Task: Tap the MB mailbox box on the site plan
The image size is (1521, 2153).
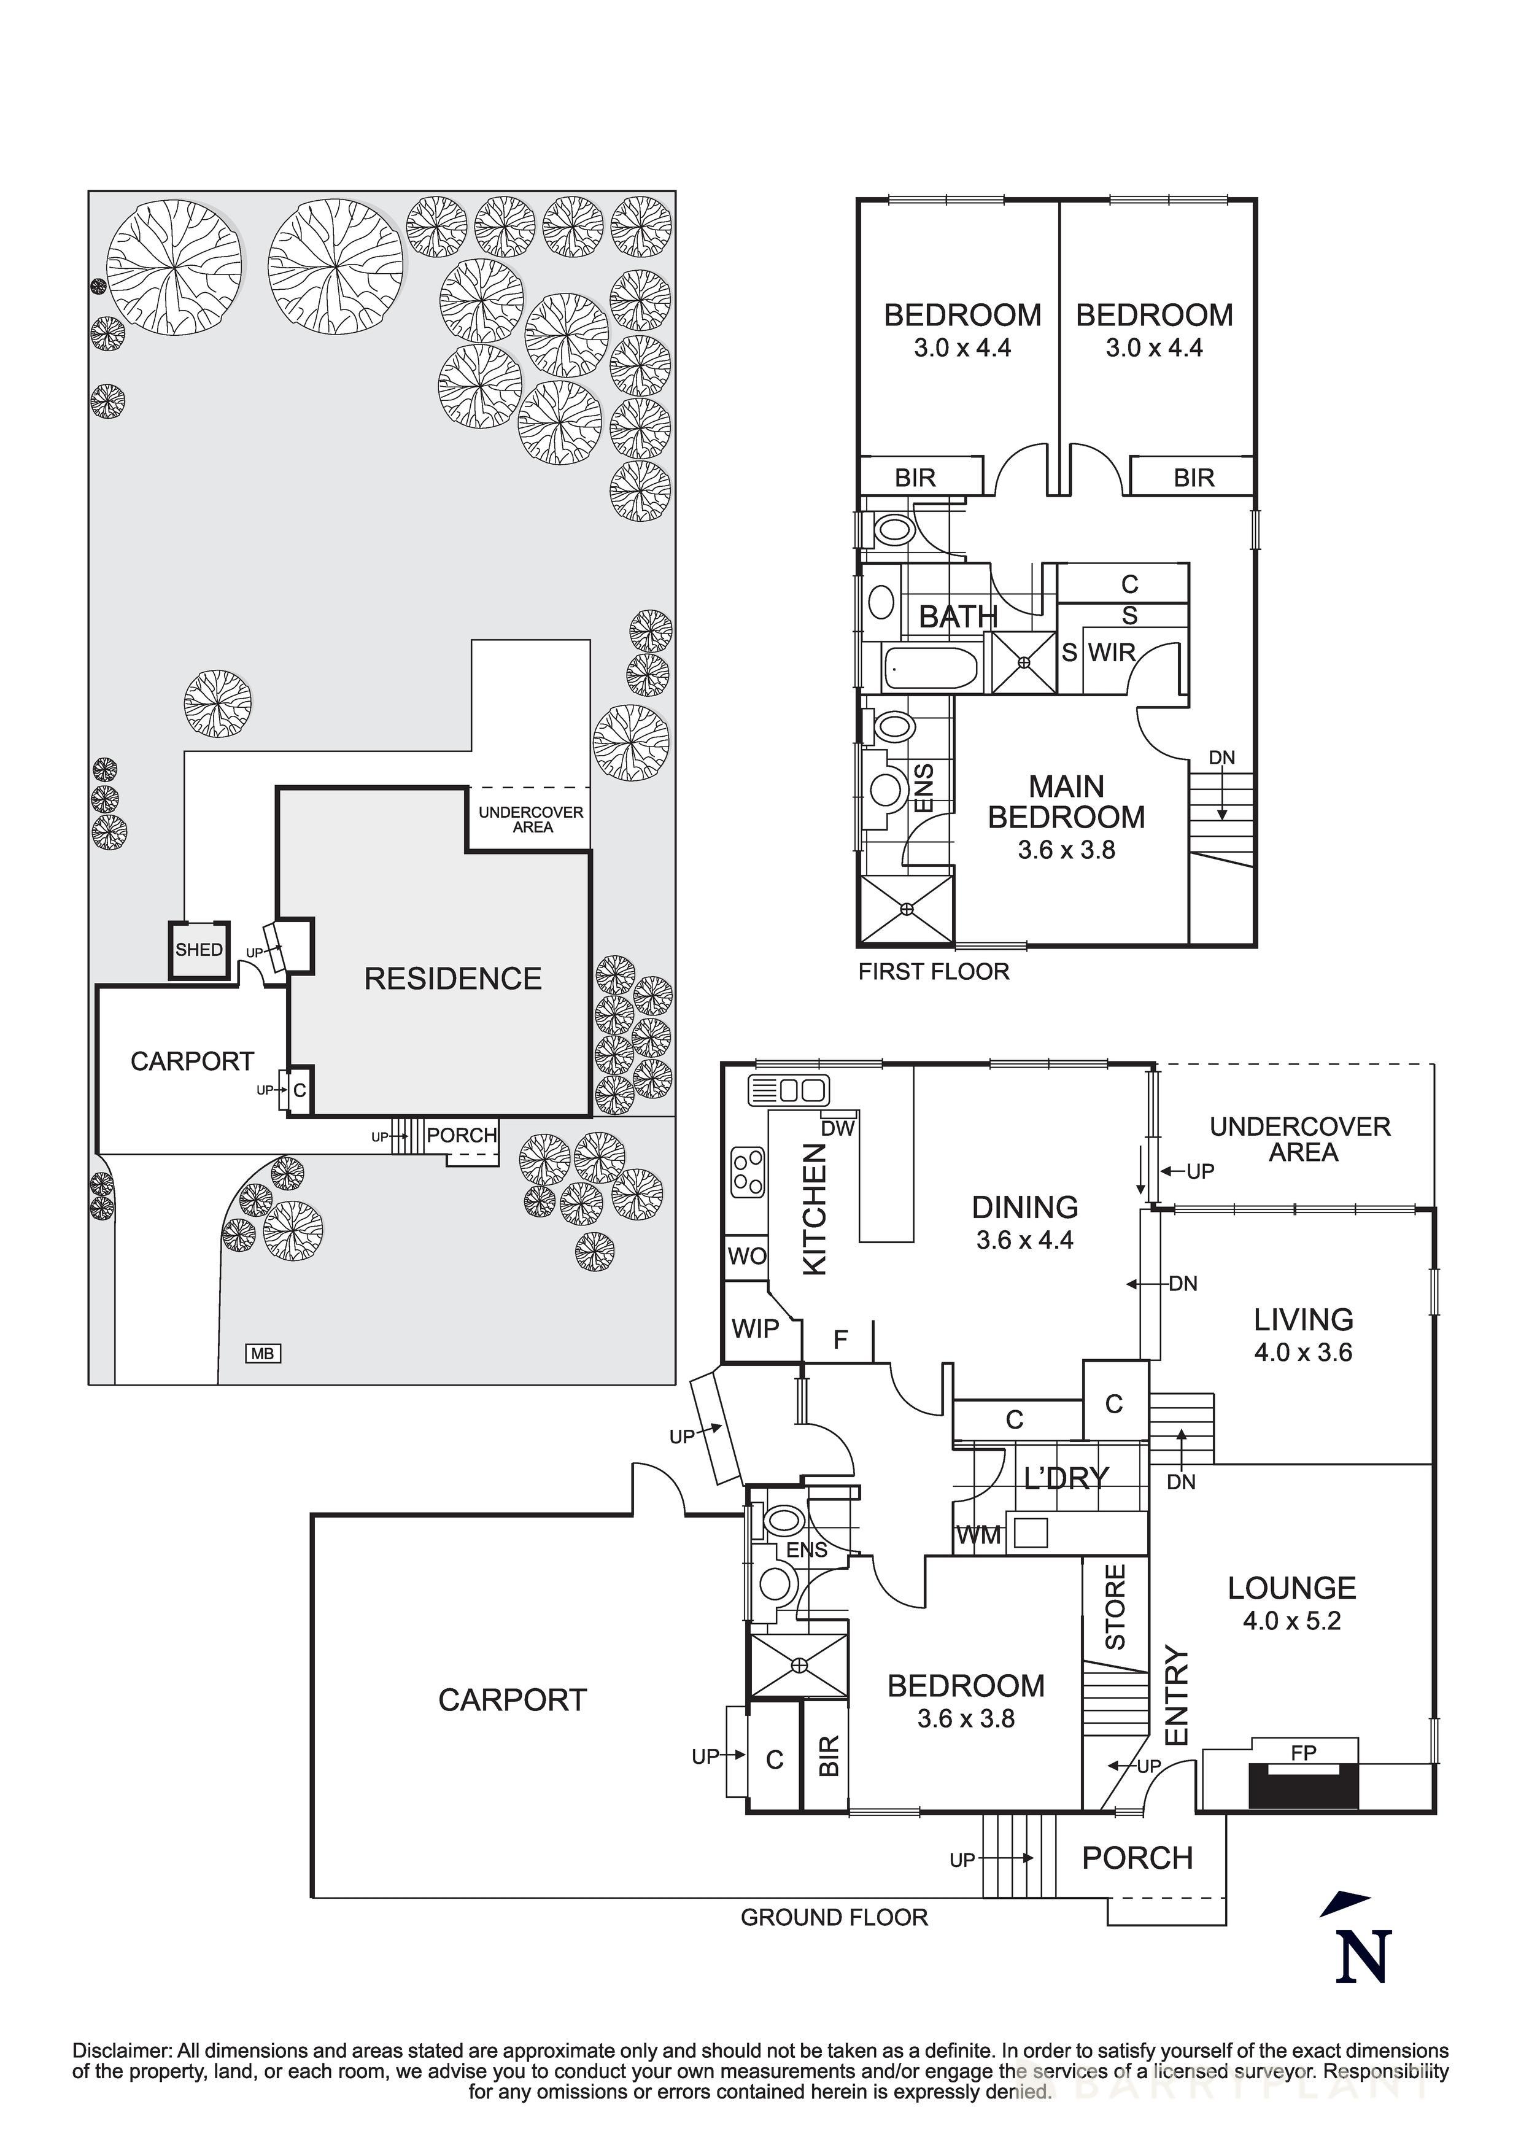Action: point(263,1353)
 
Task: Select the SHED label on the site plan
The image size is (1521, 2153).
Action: point(199,949)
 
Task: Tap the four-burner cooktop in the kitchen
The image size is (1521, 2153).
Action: point(748,1173)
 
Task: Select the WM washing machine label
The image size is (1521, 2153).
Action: point(978,1536)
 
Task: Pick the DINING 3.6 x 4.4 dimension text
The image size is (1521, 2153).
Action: point(1024,1239)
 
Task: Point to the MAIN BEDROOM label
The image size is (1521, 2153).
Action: point(1066,802)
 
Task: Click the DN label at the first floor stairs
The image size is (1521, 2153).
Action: point(1221,757)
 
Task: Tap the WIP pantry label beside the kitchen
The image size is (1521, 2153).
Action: point(755,1328)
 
